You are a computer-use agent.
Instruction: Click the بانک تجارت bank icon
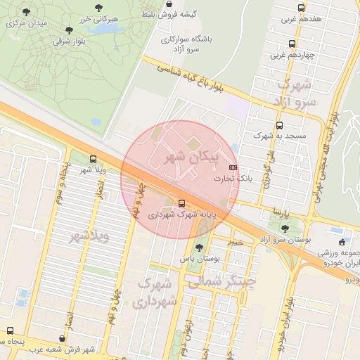click(x=233, y=168)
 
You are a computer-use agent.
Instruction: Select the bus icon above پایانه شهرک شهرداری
click(x=183, y=202)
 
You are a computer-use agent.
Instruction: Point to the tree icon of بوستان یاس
click(x=200, y=247)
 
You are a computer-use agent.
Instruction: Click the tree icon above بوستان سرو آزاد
click(x=284, y=229)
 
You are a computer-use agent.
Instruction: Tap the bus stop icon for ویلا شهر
click(x=94, y=159)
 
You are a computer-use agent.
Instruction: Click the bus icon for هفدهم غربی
click(x=301, y=8)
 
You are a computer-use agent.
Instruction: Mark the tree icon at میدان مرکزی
click(x=27, y=13)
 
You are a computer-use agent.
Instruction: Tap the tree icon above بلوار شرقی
click(x=69, y=30)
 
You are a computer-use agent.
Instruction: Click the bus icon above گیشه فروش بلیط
click(x=169, y=4)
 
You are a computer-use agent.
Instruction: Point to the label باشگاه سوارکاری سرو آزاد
click(x=185, y=45)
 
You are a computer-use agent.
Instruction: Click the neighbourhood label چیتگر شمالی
click(x=218, y=281)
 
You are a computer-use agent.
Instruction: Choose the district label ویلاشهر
click(x=89, y=237)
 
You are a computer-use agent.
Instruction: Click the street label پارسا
click(x=281, y=211)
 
